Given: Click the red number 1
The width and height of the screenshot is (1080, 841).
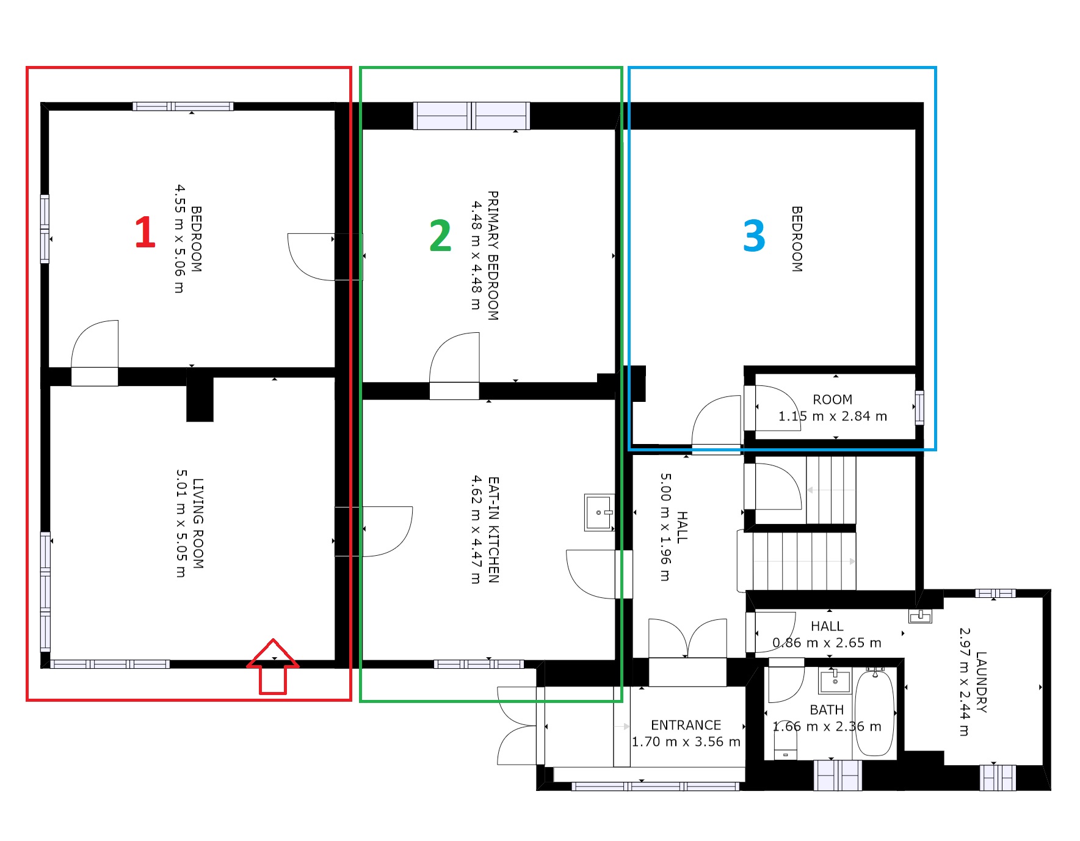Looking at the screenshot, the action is point(145,232).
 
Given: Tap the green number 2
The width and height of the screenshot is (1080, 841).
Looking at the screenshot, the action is point(440,236).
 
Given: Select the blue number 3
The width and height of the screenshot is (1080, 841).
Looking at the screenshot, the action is point(754,236).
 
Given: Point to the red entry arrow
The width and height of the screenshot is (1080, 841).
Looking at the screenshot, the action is point(273,666).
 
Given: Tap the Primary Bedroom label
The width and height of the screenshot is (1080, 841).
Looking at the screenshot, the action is point(493,255).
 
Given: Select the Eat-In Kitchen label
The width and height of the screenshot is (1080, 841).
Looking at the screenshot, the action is point(494,530).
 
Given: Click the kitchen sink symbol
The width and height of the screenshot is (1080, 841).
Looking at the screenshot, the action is point(599,512).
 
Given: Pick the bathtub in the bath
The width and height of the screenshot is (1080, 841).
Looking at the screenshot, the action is point(874,712).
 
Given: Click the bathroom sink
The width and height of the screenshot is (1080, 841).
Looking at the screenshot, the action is point(835,680).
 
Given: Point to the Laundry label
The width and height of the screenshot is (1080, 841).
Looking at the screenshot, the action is point(981,682).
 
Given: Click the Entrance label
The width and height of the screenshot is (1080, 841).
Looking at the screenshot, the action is point(686,725).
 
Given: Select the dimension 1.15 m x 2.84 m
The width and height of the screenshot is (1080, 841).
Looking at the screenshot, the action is point(832,416).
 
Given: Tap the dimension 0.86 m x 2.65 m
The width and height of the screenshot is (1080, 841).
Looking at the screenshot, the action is point(827,643).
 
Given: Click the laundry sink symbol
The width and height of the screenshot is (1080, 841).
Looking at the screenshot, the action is point(920,616).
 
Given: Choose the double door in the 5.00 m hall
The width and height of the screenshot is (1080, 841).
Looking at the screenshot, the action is point(687,638).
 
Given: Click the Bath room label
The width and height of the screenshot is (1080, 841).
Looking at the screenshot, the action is point(827,710).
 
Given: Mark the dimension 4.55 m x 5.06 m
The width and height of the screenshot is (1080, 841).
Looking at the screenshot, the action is point(179,239).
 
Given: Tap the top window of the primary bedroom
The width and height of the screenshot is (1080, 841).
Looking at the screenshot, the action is point(471,116).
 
